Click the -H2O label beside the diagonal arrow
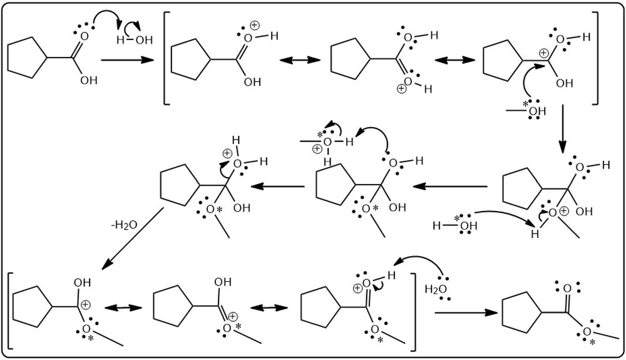point(124,225)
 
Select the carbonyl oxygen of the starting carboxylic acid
point(84,37)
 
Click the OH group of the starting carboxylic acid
point(89,81)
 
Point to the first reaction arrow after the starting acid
point(128,60)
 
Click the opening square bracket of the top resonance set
point(167,58)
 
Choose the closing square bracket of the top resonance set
point(595,58)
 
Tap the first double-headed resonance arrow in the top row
point(300,60)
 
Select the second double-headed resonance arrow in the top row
point(455,60)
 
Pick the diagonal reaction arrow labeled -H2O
point(134,238)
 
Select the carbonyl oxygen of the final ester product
point(567,289)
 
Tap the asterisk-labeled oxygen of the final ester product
point(587,332)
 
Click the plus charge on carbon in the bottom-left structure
point(85,304)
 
